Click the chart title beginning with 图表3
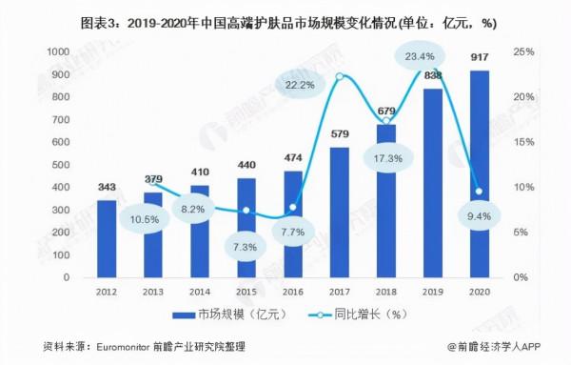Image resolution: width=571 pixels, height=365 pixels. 285,20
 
